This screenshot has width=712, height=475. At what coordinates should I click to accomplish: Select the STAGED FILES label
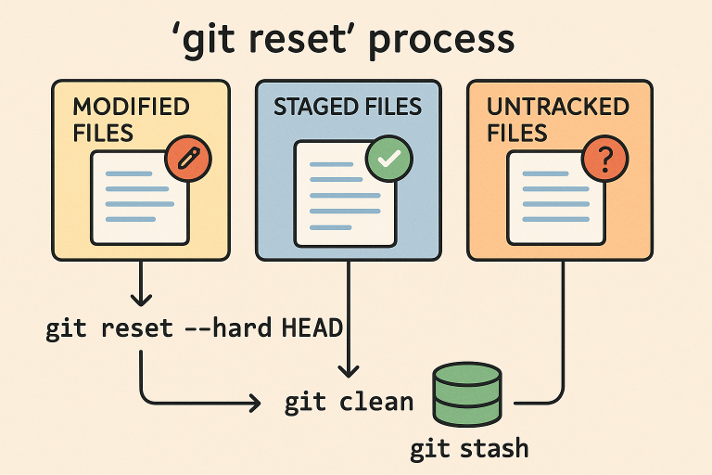click(x=347, y=107)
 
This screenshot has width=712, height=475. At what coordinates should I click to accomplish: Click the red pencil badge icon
click(x=188, y=157)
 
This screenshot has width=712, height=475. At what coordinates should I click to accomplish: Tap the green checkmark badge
click(x=388, y=159)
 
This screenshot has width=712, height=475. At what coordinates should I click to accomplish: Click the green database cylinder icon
click(x=466, y=396)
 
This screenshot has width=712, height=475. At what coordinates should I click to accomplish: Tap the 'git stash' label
click(x=469, y=449)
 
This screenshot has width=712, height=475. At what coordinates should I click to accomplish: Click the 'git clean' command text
click(x=349, y=402)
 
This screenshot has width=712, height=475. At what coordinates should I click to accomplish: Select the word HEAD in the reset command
click(x=311, y=328)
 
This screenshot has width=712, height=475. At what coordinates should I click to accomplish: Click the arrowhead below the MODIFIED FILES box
click(x=140, y=300)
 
